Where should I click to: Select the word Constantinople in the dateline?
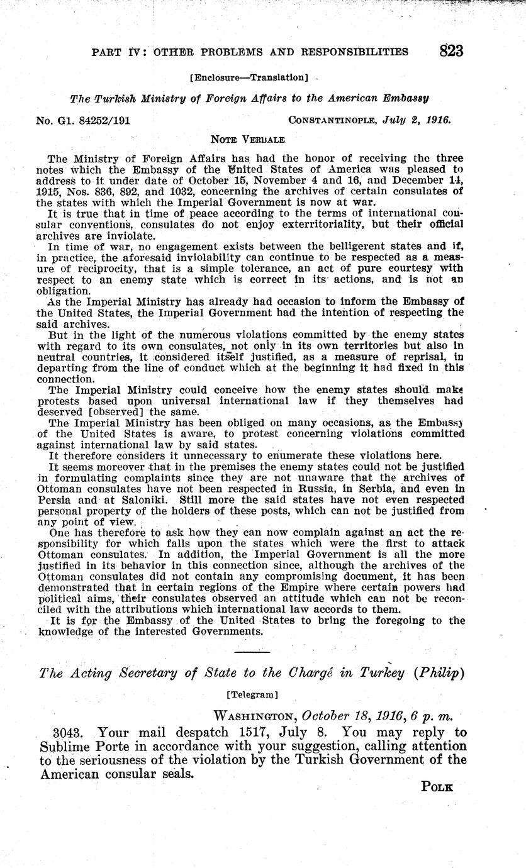(x=329, y=119)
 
